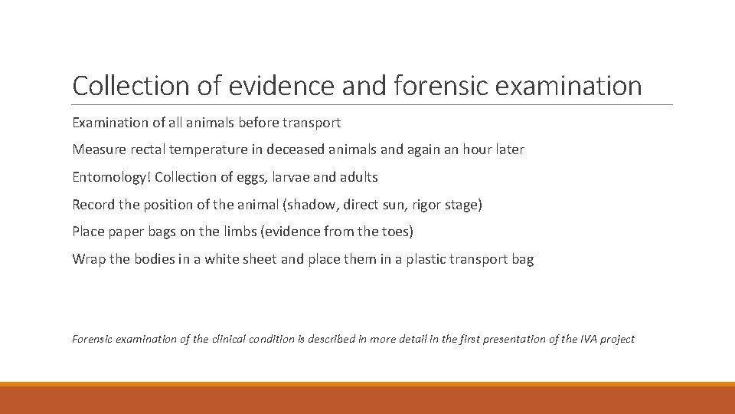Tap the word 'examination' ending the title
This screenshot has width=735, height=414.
[x=569, y=86]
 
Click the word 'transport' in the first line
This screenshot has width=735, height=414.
[x=312, y=123]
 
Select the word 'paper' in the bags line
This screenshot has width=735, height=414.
[x=126, y=232]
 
